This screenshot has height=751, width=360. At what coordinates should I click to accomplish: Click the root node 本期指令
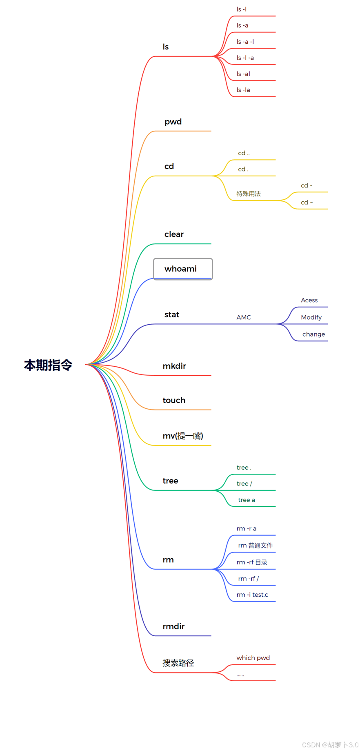tap(48, 365)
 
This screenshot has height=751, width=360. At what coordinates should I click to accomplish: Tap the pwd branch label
tap(173, 122)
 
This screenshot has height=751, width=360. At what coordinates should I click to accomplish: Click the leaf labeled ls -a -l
tap(245, 42)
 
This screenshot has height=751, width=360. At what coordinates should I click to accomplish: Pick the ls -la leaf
tap(243, 90)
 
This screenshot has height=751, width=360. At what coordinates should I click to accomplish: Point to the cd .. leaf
tap(244, 153)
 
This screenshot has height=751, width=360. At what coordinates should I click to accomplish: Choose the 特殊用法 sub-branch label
tap(248, 194)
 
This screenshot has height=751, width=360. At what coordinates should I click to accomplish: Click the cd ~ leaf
tap(307, 202)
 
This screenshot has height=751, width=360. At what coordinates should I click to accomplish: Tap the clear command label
tap(174, 234)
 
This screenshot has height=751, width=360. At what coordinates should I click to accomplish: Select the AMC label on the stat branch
tap(244, 317)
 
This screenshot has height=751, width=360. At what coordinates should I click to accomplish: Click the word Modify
tap(311, 317)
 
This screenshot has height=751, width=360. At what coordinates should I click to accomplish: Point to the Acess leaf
tap(309, 300)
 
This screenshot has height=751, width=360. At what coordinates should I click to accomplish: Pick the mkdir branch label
tap(174, 366)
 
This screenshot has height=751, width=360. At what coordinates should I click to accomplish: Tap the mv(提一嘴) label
tap(183, 436)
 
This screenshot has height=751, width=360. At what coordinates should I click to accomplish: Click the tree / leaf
tap(244, 484)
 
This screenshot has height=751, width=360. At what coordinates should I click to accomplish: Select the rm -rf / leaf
tap(248, 578)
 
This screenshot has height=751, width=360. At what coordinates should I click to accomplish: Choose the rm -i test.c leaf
tap(252, 595)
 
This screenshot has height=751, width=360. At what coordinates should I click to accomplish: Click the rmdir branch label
tap(173, 626)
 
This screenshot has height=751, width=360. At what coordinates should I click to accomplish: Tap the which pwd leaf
tap(253, 657)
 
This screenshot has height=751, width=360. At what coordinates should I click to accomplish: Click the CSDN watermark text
tap(330, 744)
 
